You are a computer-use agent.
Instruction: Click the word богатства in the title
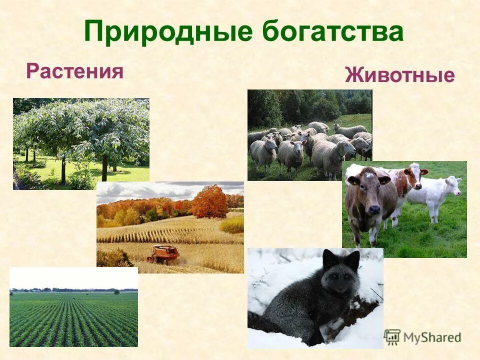(x=332, y=32)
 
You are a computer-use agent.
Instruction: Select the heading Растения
(x=75, y=70)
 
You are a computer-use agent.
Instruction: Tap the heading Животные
(x=399, y=75)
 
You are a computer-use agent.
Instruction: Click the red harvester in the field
(x=163, y=253)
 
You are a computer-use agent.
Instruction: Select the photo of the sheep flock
(x=309, y=135)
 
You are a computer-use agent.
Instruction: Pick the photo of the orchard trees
(x=81, y=143)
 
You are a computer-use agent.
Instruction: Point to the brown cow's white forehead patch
(x=368, y=174)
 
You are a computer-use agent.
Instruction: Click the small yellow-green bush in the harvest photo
(x=232, y=224)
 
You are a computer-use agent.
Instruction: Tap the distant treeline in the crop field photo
(x=73, y=290)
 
